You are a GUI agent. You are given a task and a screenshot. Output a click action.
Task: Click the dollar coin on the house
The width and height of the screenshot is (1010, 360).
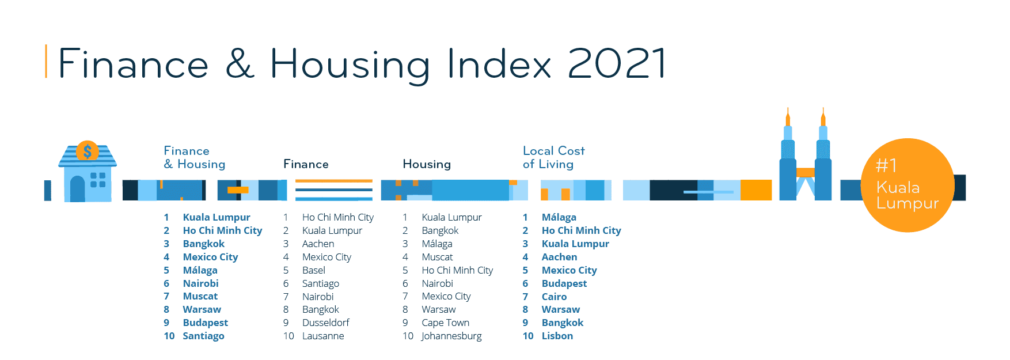[x=88, y=151]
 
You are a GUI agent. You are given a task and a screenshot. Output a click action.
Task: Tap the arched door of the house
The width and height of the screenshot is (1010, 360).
[x=77, y=189]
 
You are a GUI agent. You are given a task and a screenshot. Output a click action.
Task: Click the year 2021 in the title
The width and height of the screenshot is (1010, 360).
[x=617, y=63]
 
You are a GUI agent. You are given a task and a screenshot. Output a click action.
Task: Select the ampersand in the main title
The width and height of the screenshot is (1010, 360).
[x=240, y=63]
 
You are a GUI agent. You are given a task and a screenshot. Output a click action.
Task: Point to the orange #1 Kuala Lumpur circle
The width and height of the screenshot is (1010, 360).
[x=908, y=185]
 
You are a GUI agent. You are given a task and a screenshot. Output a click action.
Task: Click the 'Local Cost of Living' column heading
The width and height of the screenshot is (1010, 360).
[x=553, y=157]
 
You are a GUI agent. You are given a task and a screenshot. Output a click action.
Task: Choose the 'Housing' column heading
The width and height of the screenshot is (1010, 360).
[x=427, y=164]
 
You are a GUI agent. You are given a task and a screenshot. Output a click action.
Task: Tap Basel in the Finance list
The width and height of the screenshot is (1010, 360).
[x=314, y=270]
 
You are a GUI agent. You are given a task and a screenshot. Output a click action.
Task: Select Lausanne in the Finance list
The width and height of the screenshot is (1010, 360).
[x=323, y=336]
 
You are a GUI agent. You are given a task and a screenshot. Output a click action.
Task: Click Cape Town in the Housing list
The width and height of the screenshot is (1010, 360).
[x=445, y=323]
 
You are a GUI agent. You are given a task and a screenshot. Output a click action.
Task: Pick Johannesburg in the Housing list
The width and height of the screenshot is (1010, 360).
[x=451, y=336]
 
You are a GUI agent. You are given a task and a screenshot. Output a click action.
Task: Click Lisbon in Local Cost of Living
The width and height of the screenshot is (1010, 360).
[x=557, y=336]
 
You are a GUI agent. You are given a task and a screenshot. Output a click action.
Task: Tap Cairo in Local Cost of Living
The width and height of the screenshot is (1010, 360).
[x=554, y=297]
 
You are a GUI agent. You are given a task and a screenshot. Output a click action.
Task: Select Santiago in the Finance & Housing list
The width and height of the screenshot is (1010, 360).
[x=203, y=336]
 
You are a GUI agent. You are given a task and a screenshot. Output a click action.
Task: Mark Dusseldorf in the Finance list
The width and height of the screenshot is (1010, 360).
[x=325, y=323]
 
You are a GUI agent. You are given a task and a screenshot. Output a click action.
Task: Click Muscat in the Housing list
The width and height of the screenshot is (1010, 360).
[x=437, y=257]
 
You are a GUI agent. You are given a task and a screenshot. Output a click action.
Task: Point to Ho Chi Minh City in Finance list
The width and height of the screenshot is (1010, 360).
[x=337, y=217]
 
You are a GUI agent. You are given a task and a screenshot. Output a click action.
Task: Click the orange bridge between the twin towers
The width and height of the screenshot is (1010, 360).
[x=805, y=172]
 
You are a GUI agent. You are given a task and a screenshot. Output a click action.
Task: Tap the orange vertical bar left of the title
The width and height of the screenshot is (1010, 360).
[x=46, y=61]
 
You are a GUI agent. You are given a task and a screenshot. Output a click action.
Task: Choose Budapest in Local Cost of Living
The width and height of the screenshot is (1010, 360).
[x=564, y=283]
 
